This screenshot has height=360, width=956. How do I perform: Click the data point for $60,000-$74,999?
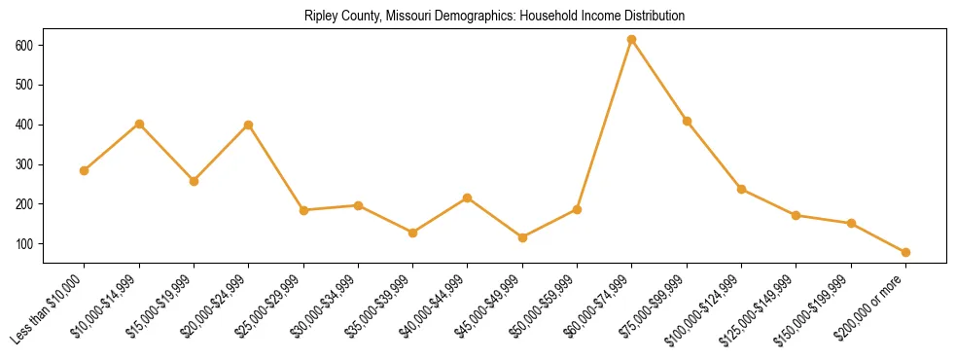(632, 40)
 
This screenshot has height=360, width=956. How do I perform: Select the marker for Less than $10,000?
(85, 170)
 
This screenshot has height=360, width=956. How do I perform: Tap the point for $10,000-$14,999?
(139, 124)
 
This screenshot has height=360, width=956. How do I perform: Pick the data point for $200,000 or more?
(905, 252)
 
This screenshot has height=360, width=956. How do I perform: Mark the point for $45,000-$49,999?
(522, 237)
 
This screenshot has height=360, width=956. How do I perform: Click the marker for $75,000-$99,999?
(687, 121)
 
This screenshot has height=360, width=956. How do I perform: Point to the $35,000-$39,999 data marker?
(412, 233)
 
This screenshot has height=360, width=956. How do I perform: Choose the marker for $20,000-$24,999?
(249, 125)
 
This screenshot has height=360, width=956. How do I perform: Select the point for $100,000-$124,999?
(741, 189)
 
